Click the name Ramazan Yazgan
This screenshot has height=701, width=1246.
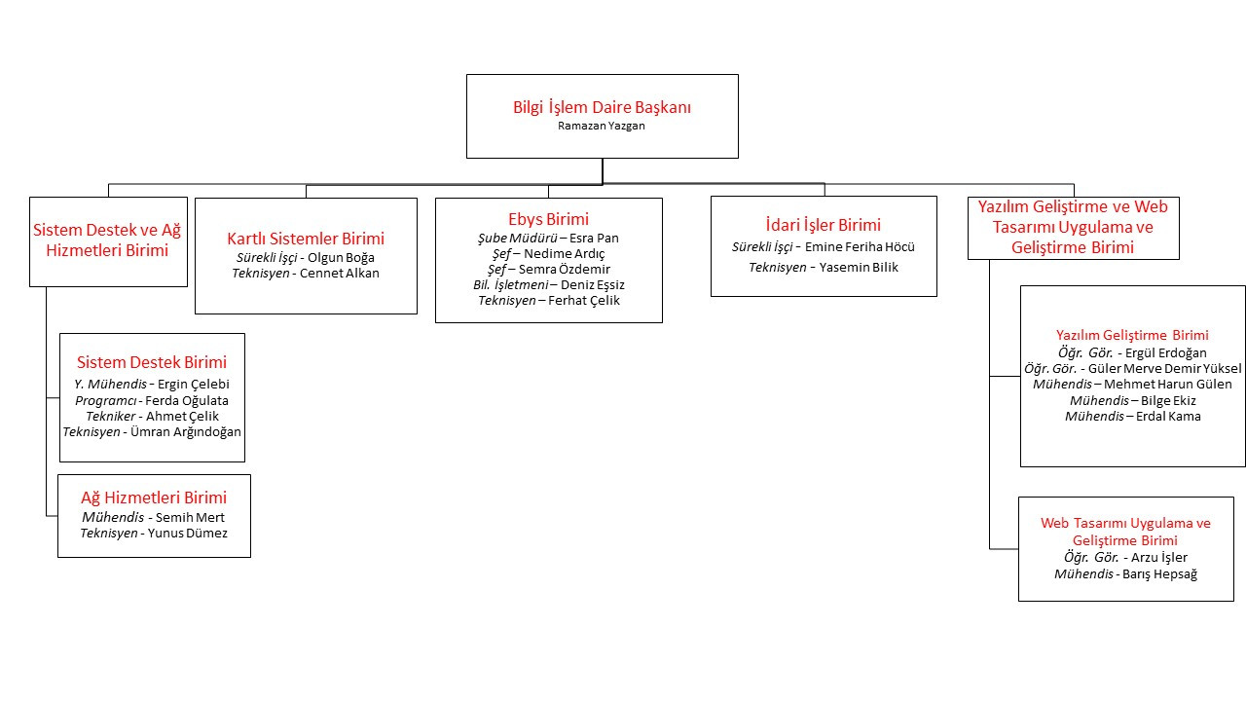(x=602, y=126)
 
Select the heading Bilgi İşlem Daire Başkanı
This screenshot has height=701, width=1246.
(x=602, y=107)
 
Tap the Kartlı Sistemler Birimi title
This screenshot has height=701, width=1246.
(x=306, y=239)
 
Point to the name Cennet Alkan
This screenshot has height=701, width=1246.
(x=340, y=274)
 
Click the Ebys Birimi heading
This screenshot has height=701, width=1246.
(x=548, y=219)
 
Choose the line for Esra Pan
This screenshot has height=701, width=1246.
(x=548, y=239)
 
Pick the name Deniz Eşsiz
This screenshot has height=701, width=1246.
(x=593, y=285)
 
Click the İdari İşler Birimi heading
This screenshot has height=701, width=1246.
(x=824, y=225)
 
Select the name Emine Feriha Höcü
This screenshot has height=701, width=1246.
(x=860, y=246)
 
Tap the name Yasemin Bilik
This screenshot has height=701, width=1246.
(x=859, y=267)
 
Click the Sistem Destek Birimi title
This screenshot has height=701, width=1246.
(x=152, y=362)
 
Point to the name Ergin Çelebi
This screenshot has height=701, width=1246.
(x=194, y=384)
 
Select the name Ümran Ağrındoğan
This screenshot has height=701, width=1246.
(x=186, y=431)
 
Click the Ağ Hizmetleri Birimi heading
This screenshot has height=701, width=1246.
(x=154, y=498)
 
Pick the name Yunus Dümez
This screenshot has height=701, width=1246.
(x=188, y=533)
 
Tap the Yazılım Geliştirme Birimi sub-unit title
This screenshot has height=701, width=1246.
(x=1132, y=335)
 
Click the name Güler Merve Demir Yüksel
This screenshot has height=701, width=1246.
(x=1165, y=368)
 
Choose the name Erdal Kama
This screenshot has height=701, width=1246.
(x=1168, y=416)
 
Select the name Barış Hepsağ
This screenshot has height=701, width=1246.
(x=1159, y=574)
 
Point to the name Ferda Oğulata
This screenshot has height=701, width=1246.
(x=187, y=400)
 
